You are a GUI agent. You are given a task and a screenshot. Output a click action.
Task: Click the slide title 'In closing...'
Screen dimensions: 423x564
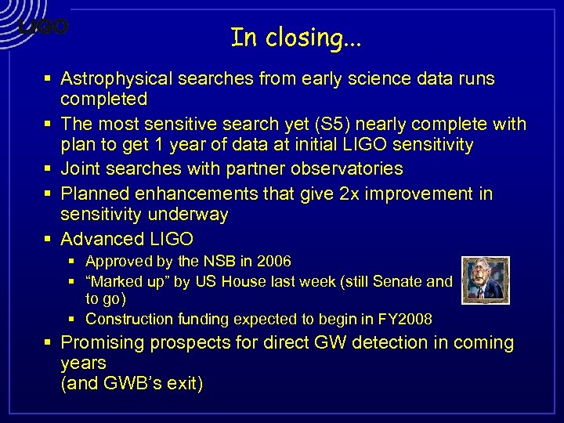[296, 37]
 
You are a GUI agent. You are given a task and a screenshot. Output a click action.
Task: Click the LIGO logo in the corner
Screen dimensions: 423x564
[43, 27]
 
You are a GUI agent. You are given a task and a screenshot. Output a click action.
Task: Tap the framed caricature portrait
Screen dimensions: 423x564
[485, 280]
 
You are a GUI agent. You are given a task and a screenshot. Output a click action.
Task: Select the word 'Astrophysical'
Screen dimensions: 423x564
[117, 78]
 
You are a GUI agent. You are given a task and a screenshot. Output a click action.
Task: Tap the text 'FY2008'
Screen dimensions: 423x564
[404, 319]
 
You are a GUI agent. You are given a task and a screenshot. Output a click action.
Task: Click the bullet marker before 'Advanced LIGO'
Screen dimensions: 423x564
[49, 239]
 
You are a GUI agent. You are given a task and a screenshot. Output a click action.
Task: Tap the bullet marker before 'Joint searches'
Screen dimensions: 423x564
[49, 169]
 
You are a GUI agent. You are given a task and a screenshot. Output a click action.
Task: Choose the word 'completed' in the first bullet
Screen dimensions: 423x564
[104, 99]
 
